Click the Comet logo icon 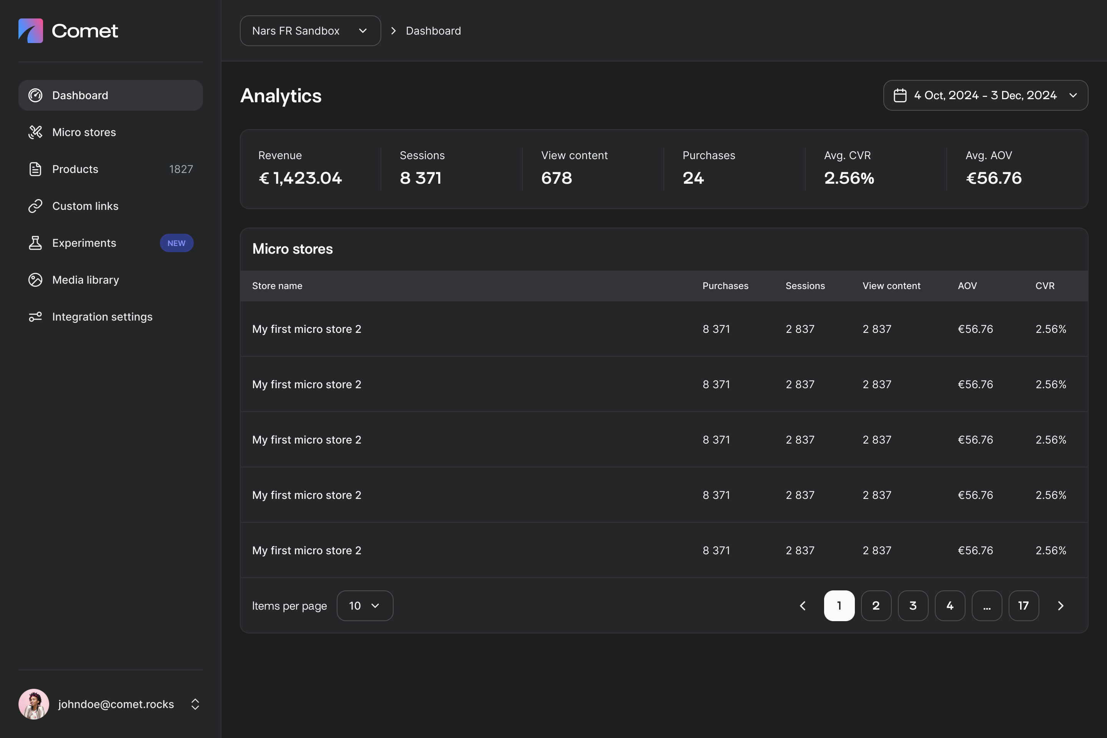point(31,31)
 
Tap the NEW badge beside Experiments point(176,243)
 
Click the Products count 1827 point(181,170)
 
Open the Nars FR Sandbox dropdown point(310,31)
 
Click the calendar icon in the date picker point(900,96)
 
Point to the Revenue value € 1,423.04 point(300,178)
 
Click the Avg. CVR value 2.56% point(849,178)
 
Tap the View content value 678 point(557,178)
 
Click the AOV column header point(967,286)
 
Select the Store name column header point(277,286)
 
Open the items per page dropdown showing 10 point(365,606)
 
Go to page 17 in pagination point(1024,606)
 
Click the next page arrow point(1061,606)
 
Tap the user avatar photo point(34,704)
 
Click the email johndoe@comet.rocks point(116,705)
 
